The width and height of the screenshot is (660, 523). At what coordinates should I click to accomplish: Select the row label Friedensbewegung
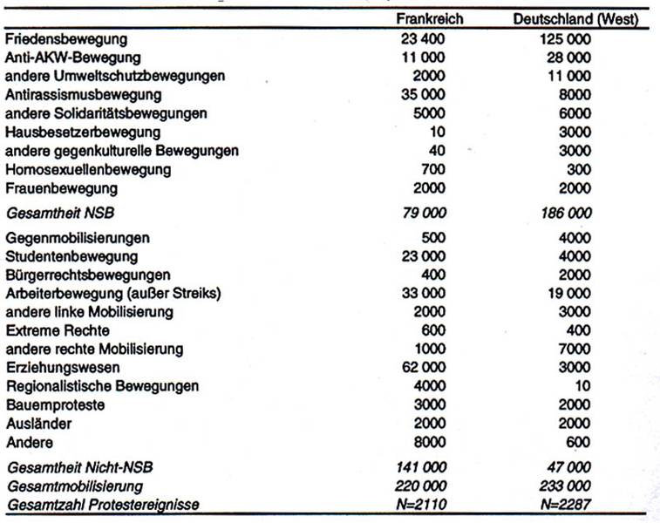[65, 39]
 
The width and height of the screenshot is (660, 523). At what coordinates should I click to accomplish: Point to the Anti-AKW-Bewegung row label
[72, 58]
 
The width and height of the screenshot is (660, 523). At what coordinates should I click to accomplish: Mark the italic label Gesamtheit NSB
[54, 213]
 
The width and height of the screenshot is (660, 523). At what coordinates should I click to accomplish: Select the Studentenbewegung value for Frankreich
[425, 256]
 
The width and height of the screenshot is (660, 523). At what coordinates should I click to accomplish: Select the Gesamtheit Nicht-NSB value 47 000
[571, 468]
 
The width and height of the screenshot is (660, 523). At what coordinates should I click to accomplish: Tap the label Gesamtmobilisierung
[74, 486]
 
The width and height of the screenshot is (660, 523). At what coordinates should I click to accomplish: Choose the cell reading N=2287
[571, 504]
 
